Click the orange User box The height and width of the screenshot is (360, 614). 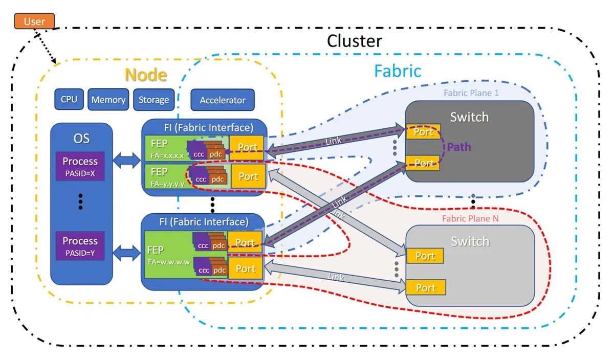35,21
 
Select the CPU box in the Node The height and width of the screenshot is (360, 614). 69,99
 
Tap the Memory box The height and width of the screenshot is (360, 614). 108,99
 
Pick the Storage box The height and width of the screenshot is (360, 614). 154,100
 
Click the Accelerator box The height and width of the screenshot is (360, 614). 223,100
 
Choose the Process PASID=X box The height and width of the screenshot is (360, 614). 80,166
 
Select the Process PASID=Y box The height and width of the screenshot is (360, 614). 80,245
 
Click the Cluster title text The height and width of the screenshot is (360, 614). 355,41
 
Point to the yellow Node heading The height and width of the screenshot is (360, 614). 146,75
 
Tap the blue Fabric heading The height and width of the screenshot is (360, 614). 398,71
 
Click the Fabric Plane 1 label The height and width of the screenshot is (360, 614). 471,93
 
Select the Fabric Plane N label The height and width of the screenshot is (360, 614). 470,219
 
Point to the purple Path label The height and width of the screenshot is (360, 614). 459,147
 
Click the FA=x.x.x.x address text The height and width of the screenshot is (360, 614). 167,155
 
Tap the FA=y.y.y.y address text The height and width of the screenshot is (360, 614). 167,184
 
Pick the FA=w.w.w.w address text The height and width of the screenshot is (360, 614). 169,262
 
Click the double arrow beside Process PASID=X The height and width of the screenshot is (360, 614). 127,160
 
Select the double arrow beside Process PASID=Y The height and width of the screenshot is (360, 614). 127,253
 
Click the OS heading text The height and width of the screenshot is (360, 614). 81,139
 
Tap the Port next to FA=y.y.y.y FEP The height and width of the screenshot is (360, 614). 248,176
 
